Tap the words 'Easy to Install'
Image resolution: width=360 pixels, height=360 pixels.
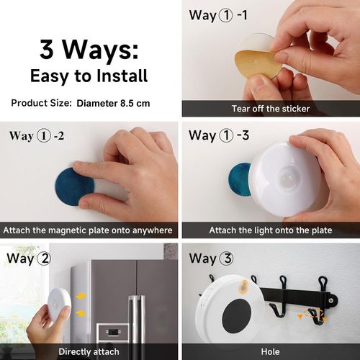point(89,75)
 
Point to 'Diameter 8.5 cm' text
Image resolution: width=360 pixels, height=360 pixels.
point(113,103)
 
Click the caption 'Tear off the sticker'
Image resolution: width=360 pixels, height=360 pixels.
point(270,109)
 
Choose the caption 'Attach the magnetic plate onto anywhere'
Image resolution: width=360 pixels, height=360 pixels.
point(89,230)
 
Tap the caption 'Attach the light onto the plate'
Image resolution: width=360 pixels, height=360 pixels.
point(270,230)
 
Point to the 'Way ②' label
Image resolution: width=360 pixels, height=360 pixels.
point(28,257)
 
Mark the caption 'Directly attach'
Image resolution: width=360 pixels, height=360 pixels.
point(89,352)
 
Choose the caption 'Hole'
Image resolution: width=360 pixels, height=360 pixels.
point(270,352)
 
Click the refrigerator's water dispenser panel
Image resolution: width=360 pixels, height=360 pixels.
point(112,333)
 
